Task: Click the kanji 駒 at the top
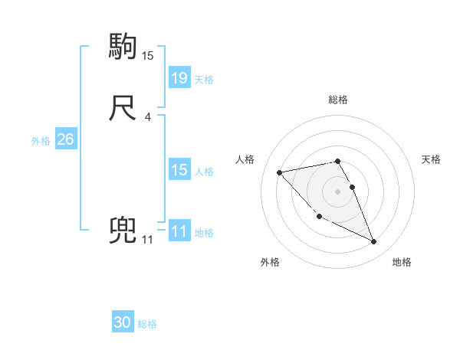tap(123, 47)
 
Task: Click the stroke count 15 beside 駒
tap(148, 56)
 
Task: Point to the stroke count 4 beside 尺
tap(147, 117)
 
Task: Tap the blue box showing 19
tap(179, 78)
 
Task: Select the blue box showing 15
tap(179, 170)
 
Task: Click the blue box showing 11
tap(179, 232)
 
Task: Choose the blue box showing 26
tap(65, 139)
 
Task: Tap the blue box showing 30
tap(123, 322)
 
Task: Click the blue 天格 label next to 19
tap(204, 79)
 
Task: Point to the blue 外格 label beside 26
tap(41, 140)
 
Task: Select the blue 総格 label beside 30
tap(147, 324)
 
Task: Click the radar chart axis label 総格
tap(338, 100)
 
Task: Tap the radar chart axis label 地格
tap(402, 262)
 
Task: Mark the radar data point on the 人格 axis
tap(279, 172)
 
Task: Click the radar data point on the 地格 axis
tap(374, 242)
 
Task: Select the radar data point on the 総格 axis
tap(338, 161)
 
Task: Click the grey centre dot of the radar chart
tap(338, 191)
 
